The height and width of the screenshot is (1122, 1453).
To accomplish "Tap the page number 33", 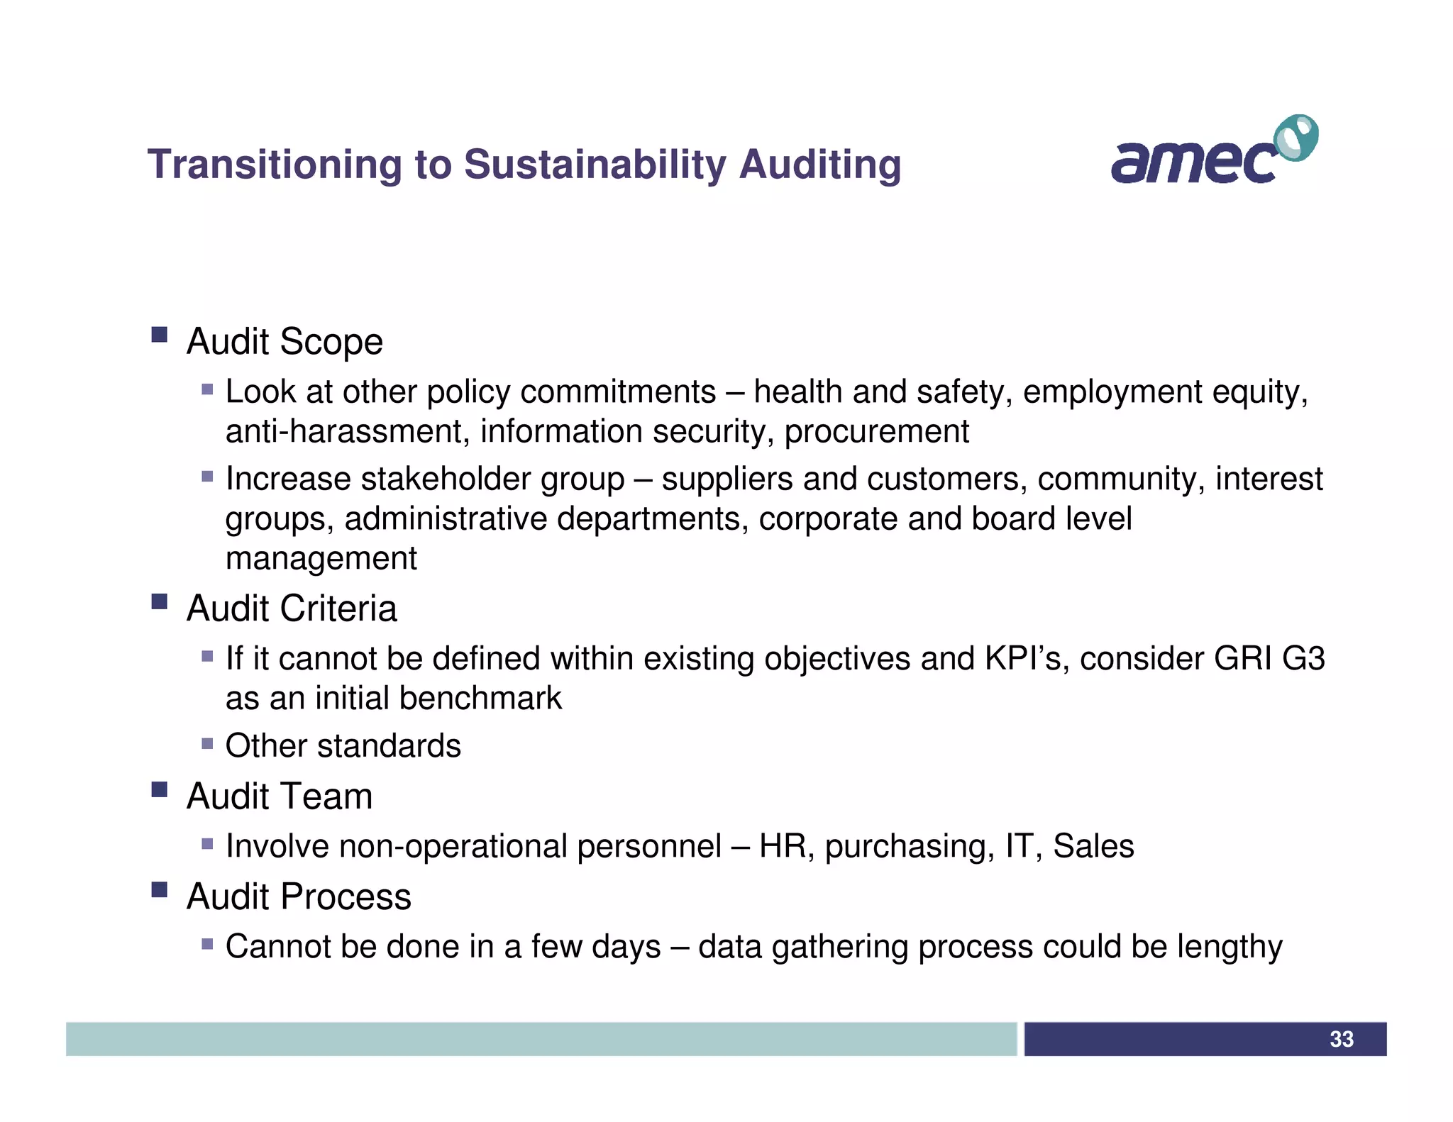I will pos(1341,1039).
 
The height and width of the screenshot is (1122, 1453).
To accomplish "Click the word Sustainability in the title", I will pos(595,165).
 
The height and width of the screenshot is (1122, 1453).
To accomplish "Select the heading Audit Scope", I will pos(284,342).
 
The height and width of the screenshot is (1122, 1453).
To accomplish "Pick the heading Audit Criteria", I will pos(291,609).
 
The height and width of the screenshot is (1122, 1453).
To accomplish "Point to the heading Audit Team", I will pos(279,796).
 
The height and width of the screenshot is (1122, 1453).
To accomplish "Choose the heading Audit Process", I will pos(298,896).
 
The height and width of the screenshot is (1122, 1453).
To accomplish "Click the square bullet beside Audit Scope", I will pos(159,335).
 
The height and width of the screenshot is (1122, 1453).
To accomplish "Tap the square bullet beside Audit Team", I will pos(159,789).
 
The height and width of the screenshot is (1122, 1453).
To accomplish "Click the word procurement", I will pos(876,431).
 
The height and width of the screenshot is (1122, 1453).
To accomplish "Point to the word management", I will pos(321,558).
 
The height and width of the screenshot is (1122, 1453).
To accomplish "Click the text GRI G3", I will pos(1269,658).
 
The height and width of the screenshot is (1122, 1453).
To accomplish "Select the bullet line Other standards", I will pos(343,746).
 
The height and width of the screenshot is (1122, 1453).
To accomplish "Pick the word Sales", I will pos(1093,846).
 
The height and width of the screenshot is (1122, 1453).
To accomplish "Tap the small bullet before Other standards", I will pos(207,744).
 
